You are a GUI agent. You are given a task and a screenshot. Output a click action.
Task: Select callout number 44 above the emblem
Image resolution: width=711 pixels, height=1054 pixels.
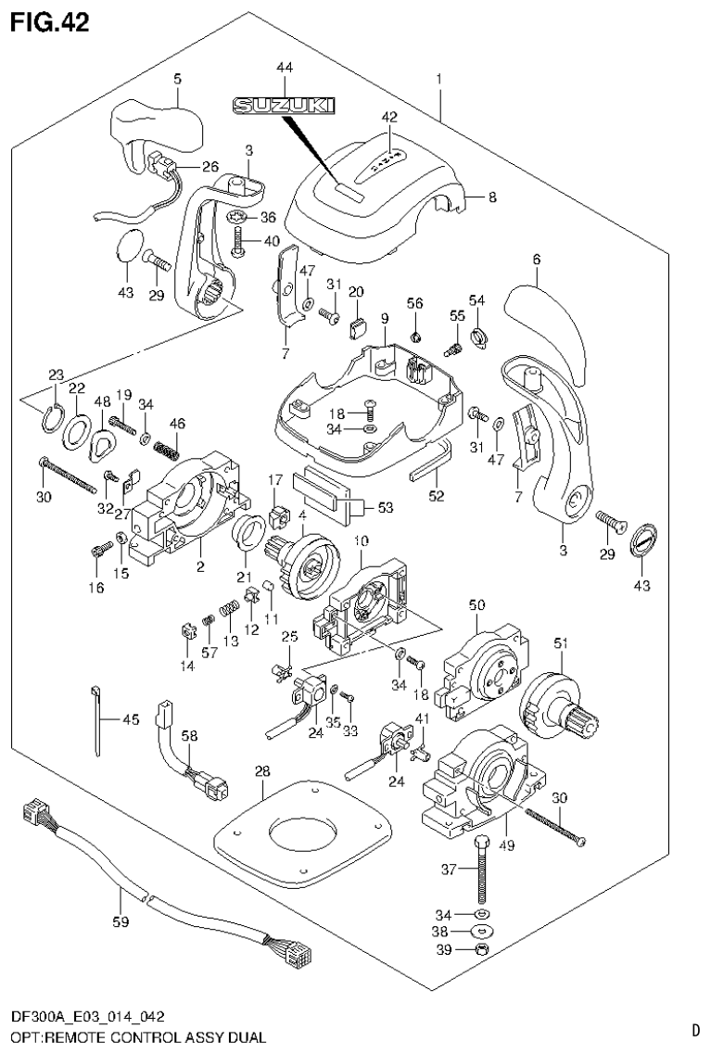pyautogui.click(x=284, y=68)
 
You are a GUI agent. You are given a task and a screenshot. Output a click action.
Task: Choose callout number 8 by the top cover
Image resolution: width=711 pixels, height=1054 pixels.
pyautogui.click(x=492, y=197)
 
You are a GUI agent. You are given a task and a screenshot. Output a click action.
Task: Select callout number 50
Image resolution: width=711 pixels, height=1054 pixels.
pyautogui.click(x=477, y=604)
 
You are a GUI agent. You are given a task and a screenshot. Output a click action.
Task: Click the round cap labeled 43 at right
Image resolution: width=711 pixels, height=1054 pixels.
pyautogui.click(x=643, y=540)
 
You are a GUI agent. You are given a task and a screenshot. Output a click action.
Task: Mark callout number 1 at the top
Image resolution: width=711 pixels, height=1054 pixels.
pyautogui.click(x=439, y=79)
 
